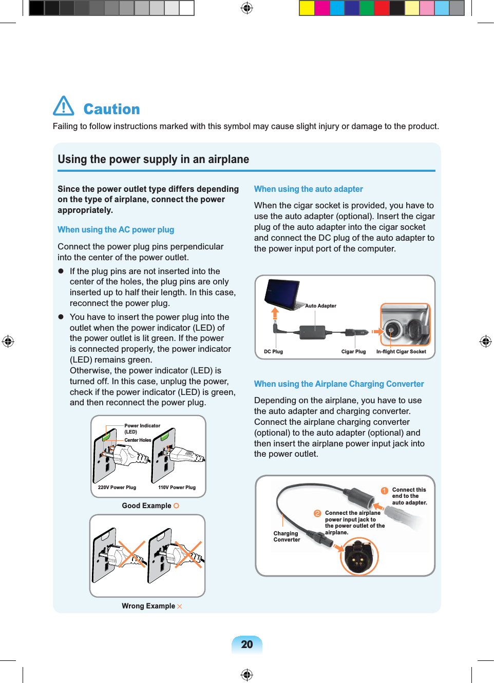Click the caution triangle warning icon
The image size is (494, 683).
click(x=64, y=106)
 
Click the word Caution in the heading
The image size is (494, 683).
click(x=111, y=109)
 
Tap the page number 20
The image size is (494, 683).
click(x=247, y=644)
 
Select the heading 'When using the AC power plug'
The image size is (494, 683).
click(x=116, y=229)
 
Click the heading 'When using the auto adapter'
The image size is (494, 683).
click(x=308, y=189)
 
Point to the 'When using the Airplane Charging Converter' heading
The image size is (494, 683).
click(x=339, y=384)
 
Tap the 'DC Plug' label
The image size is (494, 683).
click(x=273, y=352)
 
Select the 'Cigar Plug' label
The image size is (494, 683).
click(x=353, y=352)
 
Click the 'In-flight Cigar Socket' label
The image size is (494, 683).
click(x=401, y=352)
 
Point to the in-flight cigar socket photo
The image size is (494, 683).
click(x=405, y=325)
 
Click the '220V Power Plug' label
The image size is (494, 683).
click(x=117, y=488)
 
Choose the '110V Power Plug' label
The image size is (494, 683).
click(x=177, y=488)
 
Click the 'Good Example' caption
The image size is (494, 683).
click(x=147, y=506)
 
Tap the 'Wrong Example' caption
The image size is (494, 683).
click(x=148, y=606)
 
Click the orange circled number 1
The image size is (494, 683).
click(x=384, y=491)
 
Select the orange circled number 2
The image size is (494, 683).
click(x=317, y=513)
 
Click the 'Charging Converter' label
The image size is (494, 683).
click(x=286, y=536)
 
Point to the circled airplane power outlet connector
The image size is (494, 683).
click(x=359, y=556)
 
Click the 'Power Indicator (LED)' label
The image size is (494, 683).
click(x=142, y=428)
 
